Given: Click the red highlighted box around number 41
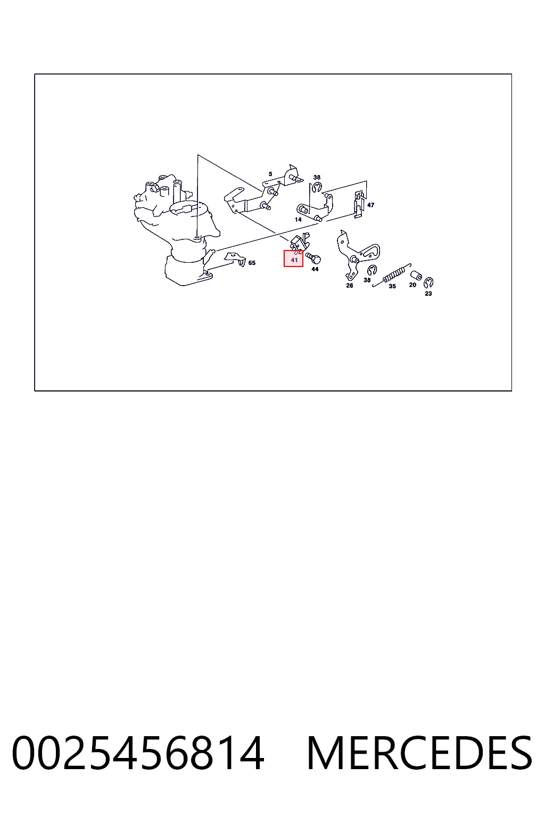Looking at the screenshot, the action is [x=293, y=259].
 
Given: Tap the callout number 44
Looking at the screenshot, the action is [x=315, y=269].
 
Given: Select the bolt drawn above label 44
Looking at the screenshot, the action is [x=313, y=258].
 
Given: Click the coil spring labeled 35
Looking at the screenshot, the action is [x=392, y=274].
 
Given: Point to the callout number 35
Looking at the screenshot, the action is [x=392, y=286].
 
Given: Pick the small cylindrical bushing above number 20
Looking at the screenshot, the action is [x=416, y=275].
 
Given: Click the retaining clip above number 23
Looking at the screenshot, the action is [x=428, y=282].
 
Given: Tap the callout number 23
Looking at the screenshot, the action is [x=428, y=293].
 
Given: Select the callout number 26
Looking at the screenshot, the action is [x=349, y=286].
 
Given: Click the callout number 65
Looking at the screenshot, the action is [x=252, y=263].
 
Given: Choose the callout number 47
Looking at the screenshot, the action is [x=370, y=205].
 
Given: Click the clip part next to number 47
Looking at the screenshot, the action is [x=359, y=204].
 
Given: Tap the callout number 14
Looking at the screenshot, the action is [x=298, y=220].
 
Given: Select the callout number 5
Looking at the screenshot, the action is [x=270, y=174].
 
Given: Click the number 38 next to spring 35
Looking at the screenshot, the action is [x=367, y=280].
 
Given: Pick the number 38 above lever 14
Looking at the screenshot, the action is [x=317, y=178].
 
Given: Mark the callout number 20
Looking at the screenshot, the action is [x=412, y=285].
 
